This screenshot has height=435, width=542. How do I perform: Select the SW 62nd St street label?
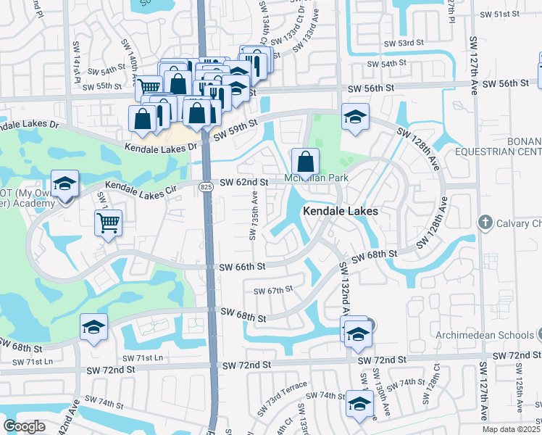pyautogui.click(x=244, y=182)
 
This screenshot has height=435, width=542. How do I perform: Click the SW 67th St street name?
pyautogui.click(x=272, y=291)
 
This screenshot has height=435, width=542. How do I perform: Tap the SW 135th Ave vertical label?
pyautogui.click(x=254, y=215)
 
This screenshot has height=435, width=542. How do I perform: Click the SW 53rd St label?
pyautogui.click(x=404, y=43)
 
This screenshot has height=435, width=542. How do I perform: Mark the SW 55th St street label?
pyautogui.click(x=101, y=86)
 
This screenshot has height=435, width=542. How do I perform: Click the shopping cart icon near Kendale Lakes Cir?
pyautogui.click(x=108, y=223)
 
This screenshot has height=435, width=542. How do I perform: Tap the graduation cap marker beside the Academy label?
pyautogui.click(x=64, y=183)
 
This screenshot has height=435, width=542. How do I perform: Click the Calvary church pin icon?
pyautogui.click(x=485, y=221)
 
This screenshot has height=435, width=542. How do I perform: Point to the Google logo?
pyautogui.click(x=24, y=426)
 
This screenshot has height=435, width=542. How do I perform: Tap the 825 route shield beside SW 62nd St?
pyautogui.click(x=206, y=187)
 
